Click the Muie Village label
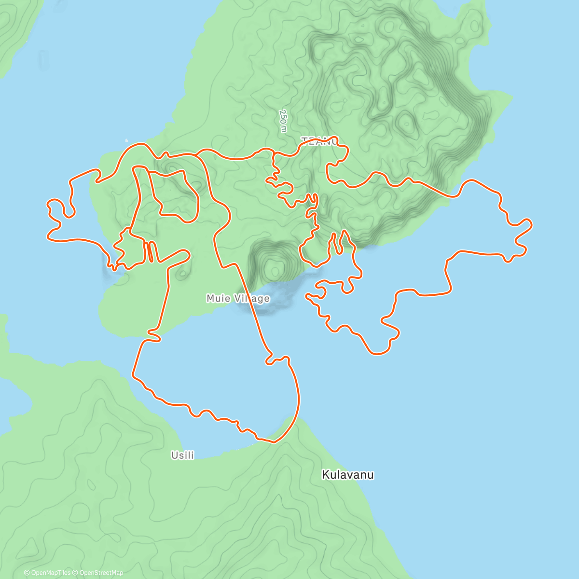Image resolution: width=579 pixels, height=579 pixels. click(238, 299)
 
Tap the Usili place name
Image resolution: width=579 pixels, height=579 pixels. click(183, 455)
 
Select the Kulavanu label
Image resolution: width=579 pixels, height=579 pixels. click(348, 475)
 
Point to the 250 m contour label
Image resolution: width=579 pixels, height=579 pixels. click(283, 121)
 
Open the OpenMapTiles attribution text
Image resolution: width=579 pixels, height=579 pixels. click(47, 573)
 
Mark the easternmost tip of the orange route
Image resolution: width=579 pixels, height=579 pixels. click(532, 223)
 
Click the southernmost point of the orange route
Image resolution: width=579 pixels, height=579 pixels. click(273, 441)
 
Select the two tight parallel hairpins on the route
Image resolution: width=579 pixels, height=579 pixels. click(151, 251)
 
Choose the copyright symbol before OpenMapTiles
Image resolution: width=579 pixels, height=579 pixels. click(27, 573)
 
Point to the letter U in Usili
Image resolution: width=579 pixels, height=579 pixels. click(174, 455)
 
